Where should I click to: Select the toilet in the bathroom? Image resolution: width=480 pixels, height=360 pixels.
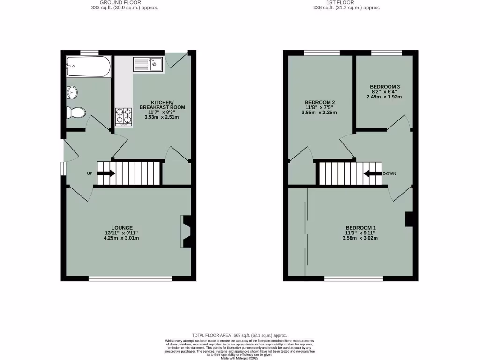click(76, 112)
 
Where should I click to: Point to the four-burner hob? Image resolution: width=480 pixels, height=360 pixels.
click(124, 117)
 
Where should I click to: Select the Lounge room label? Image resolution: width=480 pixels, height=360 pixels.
click(122, 228)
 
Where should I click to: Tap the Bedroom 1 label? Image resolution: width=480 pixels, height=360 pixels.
click(360, 228)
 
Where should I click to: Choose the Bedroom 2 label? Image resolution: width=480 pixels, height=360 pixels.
click(320, 102)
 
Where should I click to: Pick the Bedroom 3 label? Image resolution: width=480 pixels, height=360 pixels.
click(384, 87)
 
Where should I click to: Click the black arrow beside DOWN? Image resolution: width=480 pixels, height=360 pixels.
click(373, 173)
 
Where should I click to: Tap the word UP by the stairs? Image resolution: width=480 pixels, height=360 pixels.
click(90, 173)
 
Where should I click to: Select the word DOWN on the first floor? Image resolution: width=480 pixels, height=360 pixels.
click(390, 173)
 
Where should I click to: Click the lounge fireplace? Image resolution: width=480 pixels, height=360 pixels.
click(186, 231)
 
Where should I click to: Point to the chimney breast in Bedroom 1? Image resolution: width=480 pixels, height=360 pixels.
click(409, 219)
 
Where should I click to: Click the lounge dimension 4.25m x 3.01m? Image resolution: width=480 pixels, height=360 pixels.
click(122, 238)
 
